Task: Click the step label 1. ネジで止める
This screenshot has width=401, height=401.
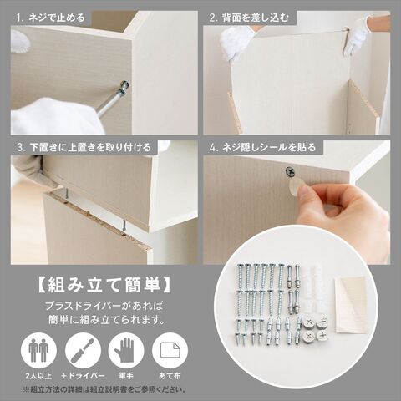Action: click(x=50, y=18)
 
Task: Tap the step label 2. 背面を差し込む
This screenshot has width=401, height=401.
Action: click(x=249, y=18)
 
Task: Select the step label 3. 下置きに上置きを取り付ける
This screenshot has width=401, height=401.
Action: click(x=84, y=147)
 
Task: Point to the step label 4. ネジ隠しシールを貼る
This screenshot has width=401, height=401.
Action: click(x=262, y=147)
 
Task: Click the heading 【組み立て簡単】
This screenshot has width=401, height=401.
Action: click(x=104, y=285)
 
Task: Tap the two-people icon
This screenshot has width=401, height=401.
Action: click(x=38, y=350)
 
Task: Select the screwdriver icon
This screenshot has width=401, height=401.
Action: click(x=83, y=350)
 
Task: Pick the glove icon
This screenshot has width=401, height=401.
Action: click(x=126, y=350)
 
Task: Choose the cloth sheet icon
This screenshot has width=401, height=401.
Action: click(x=170, y=350)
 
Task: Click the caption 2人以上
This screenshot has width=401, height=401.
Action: click(x=38, y=376)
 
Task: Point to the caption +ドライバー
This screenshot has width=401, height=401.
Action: click(x=83, y=376)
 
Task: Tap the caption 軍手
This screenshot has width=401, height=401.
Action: click(x=126, y=376)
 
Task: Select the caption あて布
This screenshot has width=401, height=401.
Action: click(x=170, y=376)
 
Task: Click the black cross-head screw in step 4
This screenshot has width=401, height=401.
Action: click(x=290, y=172)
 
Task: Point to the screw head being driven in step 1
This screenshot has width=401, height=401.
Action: click(x=124, y=85)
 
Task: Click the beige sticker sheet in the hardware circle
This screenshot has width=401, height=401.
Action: click(x=351, y=304)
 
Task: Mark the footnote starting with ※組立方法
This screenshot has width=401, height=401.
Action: click(x=104, y=389)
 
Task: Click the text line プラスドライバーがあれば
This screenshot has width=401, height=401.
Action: click(x=104, y=307)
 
